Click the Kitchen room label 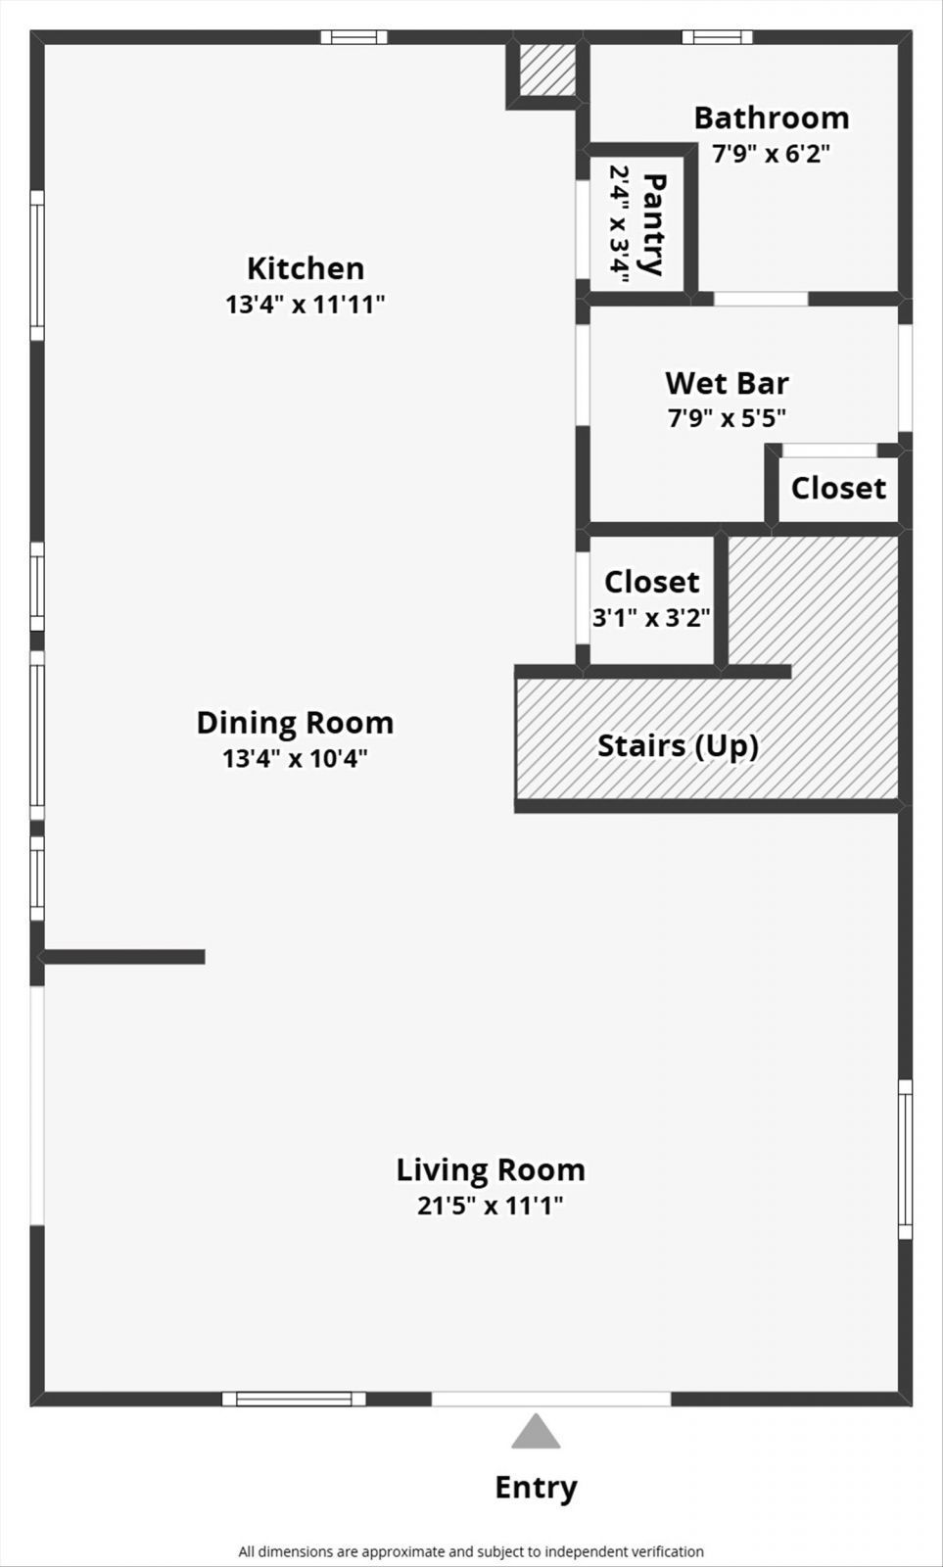coord(306,268)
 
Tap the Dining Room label coord(295,723)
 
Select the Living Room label coord(491,1169)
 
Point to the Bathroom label coord(772,119)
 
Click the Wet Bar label coord(727,383)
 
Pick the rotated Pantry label coord(654,224)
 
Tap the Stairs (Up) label coord(678,745)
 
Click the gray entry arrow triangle coord(536,1431)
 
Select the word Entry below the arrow coord(536,1488)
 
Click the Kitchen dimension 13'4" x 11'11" coord(305,305)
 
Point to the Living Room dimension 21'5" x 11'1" coord(491,1206)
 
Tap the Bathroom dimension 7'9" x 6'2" coord(771,153)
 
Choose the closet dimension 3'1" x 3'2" coord(651,618)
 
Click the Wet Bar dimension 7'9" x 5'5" coord(727,417)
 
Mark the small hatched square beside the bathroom coord(547,70)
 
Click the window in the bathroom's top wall coord(718,37)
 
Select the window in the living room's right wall coord(905,1160)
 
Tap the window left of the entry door coord(294,1399)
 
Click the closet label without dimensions coord(838,489)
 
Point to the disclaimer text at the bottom coord(472,1551)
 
